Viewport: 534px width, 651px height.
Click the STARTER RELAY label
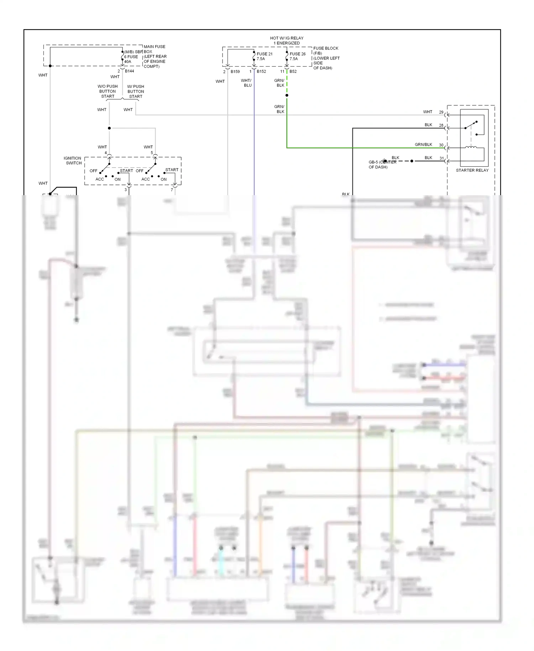click(x=472, y=170)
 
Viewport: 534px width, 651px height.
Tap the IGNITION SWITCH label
click(x=73, y=161)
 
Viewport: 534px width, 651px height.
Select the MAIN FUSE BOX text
click(x=155, y=49)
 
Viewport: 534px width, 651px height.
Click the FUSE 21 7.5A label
click(x=264, y=56)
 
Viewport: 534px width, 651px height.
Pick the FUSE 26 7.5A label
click(x=297, y=56)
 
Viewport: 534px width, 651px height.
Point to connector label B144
click(x=129, y=71)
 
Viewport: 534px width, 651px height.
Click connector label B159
click(x=235, y=72)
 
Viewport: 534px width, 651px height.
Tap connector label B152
click(x=261, y=72)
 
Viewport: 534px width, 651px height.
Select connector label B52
click(x=293, y=72)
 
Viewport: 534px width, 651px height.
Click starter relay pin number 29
click(x=441, y=112)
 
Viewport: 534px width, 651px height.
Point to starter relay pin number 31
click(x=441, y=158)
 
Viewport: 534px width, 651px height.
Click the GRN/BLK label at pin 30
click(x=423, y=145)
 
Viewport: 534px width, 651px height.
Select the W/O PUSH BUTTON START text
click(x=108, y=92)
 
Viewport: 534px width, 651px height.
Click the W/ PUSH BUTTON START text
click(x=136, y=92)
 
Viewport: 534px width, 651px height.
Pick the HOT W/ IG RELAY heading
click(x=287, y=41)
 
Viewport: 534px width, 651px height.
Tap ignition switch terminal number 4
click(x=106, y=153)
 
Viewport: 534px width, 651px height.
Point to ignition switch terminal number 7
click(x=172, y=190)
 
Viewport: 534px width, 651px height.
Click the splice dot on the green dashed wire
click(x=287, y=95)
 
